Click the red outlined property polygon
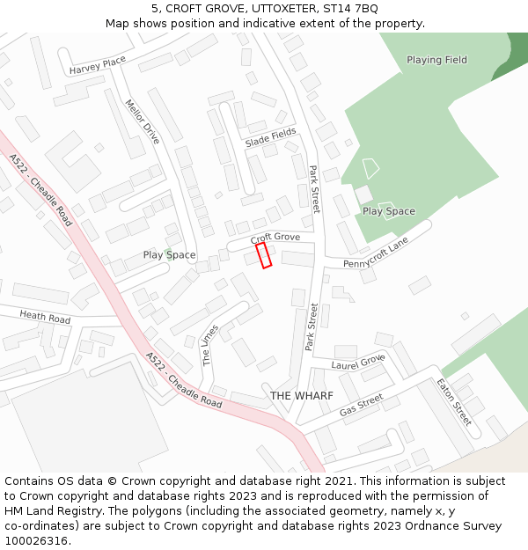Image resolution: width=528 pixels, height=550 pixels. coord(263,255)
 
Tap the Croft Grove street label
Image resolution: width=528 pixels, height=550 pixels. coord(275,238)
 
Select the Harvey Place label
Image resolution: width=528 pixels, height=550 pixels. coord(98,65)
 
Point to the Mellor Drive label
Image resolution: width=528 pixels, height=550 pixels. coord(142,121)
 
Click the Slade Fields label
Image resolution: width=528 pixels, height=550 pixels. coord(270,136)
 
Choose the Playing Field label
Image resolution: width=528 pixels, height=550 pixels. coord(436,60)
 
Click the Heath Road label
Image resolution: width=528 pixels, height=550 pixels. coord(45,317)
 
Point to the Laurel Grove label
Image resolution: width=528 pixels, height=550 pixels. coord(358,361)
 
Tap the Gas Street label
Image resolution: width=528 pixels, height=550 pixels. coord(361,405)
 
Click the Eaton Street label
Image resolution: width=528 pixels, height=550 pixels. coord(454,401)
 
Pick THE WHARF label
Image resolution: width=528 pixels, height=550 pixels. coord(302,396)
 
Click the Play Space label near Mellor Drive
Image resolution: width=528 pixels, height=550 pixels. coord(169,255)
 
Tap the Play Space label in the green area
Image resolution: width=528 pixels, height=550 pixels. coord(388,211)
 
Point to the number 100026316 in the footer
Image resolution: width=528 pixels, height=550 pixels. coord(37,541)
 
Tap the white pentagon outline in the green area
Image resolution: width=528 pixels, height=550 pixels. coord(370,167)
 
